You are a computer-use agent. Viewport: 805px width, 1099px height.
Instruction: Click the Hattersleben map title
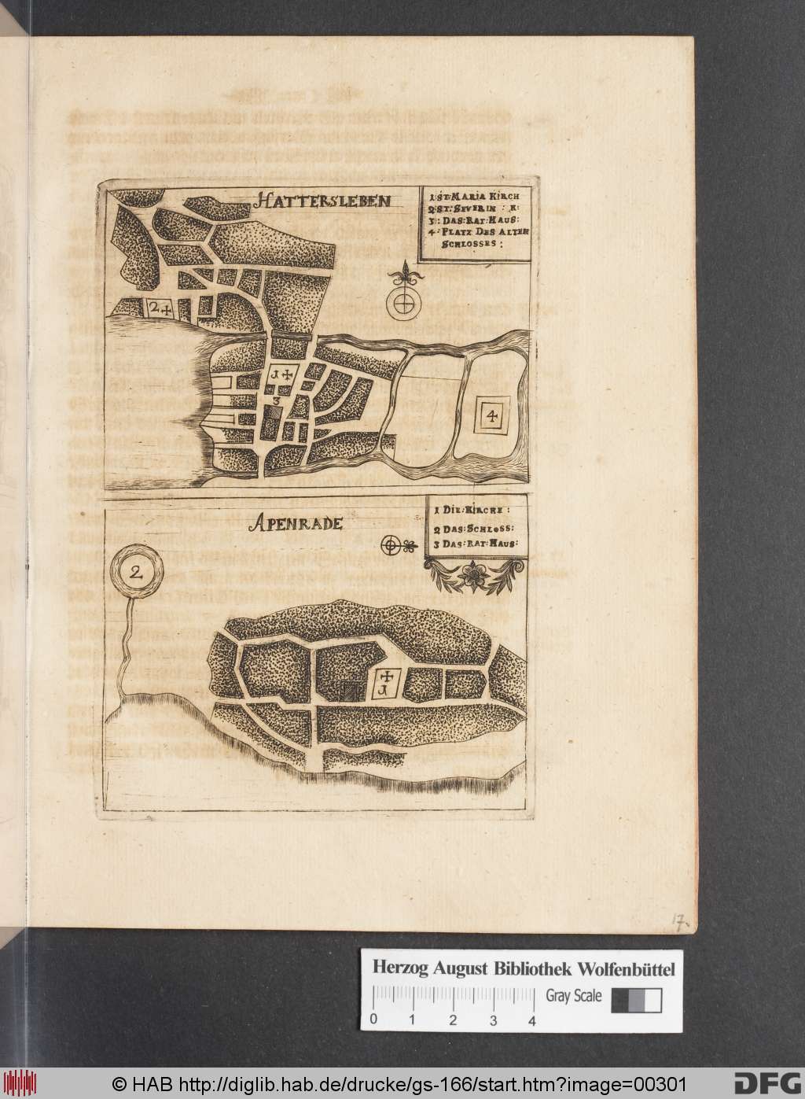(322, 201)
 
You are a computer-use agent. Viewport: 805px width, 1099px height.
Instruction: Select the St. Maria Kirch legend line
(476, 193)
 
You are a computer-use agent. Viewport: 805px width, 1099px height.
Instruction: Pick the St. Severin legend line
(470, 208)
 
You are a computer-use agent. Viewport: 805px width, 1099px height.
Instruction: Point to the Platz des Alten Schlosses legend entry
(476, 235)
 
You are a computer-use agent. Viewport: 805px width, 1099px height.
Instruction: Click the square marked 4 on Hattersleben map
(491, 417)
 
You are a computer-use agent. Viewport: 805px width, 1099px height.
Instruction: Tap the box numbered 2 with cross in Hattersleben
(160, 308)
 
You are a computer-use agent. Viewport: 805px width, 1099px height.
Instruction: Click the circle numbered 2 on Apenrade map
(138, 572)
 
